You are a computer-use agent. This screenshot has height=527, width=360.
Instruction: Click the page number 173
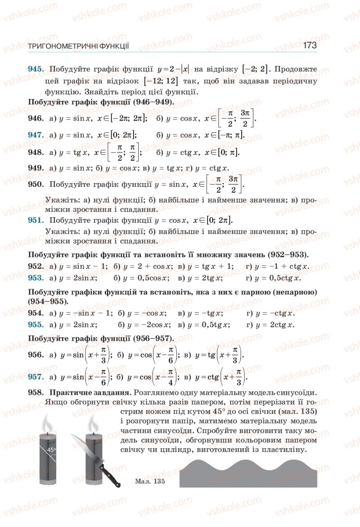tap(310, 45)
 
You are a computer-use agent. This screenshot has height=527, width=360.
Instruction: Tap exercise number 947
tap(36, 135)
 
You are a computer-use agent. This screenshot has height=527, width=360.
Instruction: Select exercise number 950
tap(36, 185)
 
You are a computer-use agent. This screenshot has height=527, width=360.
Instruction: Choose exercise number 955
tap(36, 324)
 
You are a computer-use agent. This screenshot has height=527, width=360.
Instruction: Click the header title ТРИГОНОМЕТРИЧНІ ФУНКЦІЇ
tap(79, 46)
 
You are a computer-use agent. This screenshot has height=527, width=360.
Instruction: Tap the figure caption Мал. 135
tap(150, 482)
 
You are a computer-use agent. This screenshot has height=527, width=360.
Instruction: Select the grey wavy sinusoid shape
tap(248, 473)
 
